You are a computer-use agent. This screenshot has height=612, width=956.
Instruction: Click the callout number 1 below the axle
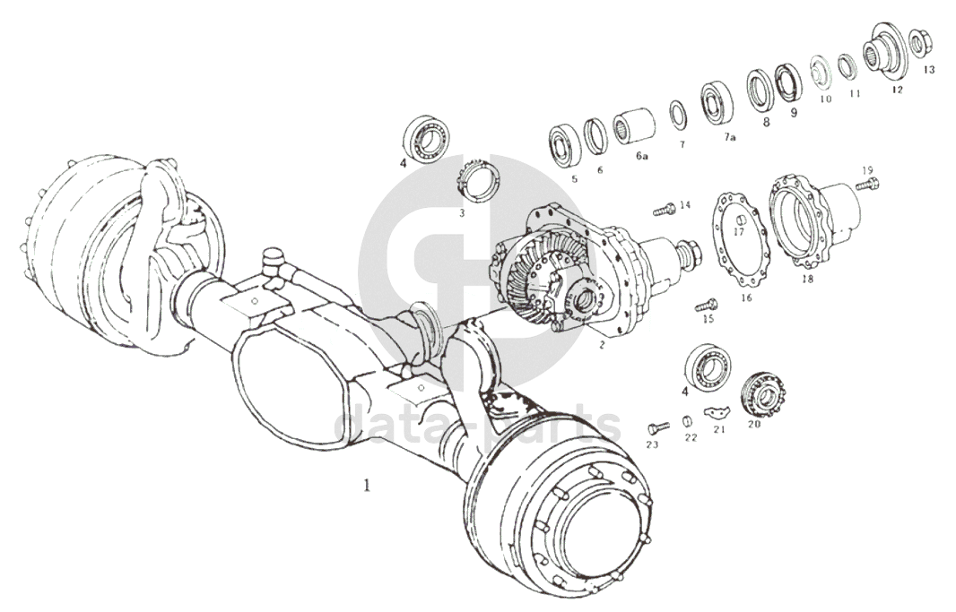tap(366, 486)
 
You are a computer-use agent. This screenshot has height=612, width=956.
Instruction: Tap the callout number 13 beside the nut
tap(928, 69)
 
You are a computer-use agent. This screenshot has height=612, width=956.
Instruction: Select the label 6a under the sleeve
tap(641, 156)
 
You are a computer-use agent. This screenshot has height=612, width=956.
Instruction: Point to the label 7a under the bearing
tap(729, 137)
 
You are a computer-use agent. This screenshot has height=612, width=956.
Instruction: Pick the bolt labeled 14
tap(664, 210)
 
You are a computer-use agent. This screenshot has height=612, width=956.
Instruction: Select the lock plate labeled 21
tap(716, 411)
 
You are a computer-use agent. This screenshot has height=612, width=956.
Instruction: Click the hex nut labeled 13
tap(917, 41)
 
